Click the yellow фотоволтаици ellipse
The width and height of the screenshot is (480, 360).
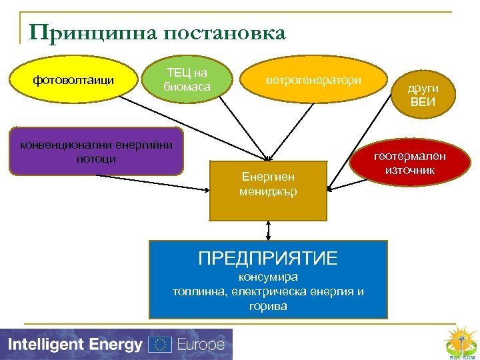[x=73, y=81]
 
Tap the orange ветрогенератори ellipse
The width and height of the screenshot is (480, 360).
[x=313, y=81]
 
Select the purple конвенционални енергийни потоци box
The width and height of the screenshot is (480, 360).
[x=96, y=151]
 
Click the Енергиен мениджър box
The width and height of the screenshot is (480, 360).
[x=268, y=190]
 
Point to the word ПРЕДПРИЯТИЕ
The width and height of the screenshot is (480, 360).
[x=268, y=258]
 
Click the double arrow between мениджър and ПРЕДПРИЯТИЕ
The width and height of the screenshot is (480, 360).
[x=268, y=230]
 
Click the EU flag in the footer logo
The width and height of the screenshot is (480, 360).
[x=160, y=345]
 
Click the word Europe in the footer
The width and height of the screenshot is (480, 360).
[x=200, y=345]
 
